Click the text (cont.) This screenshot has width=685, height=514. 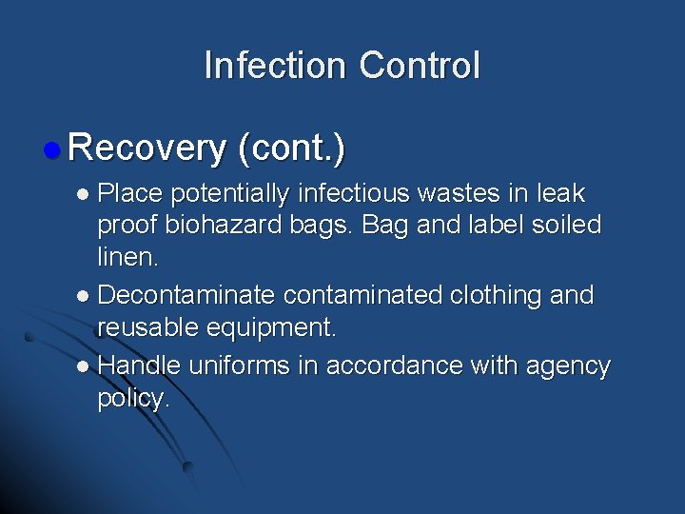pyautogui.click(x=292, y=148)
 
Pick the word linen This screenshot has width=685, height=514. pyautogui.click(x=127, y=258)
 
